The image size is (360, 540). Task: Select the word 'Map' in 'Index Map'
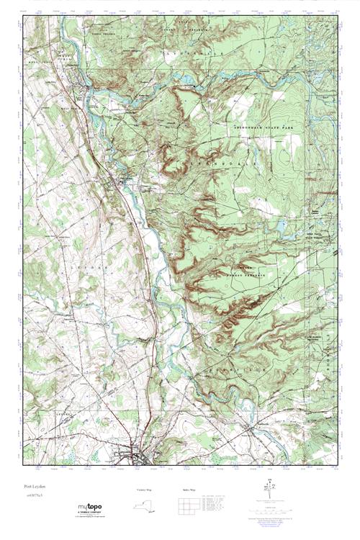click(189, 490)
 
